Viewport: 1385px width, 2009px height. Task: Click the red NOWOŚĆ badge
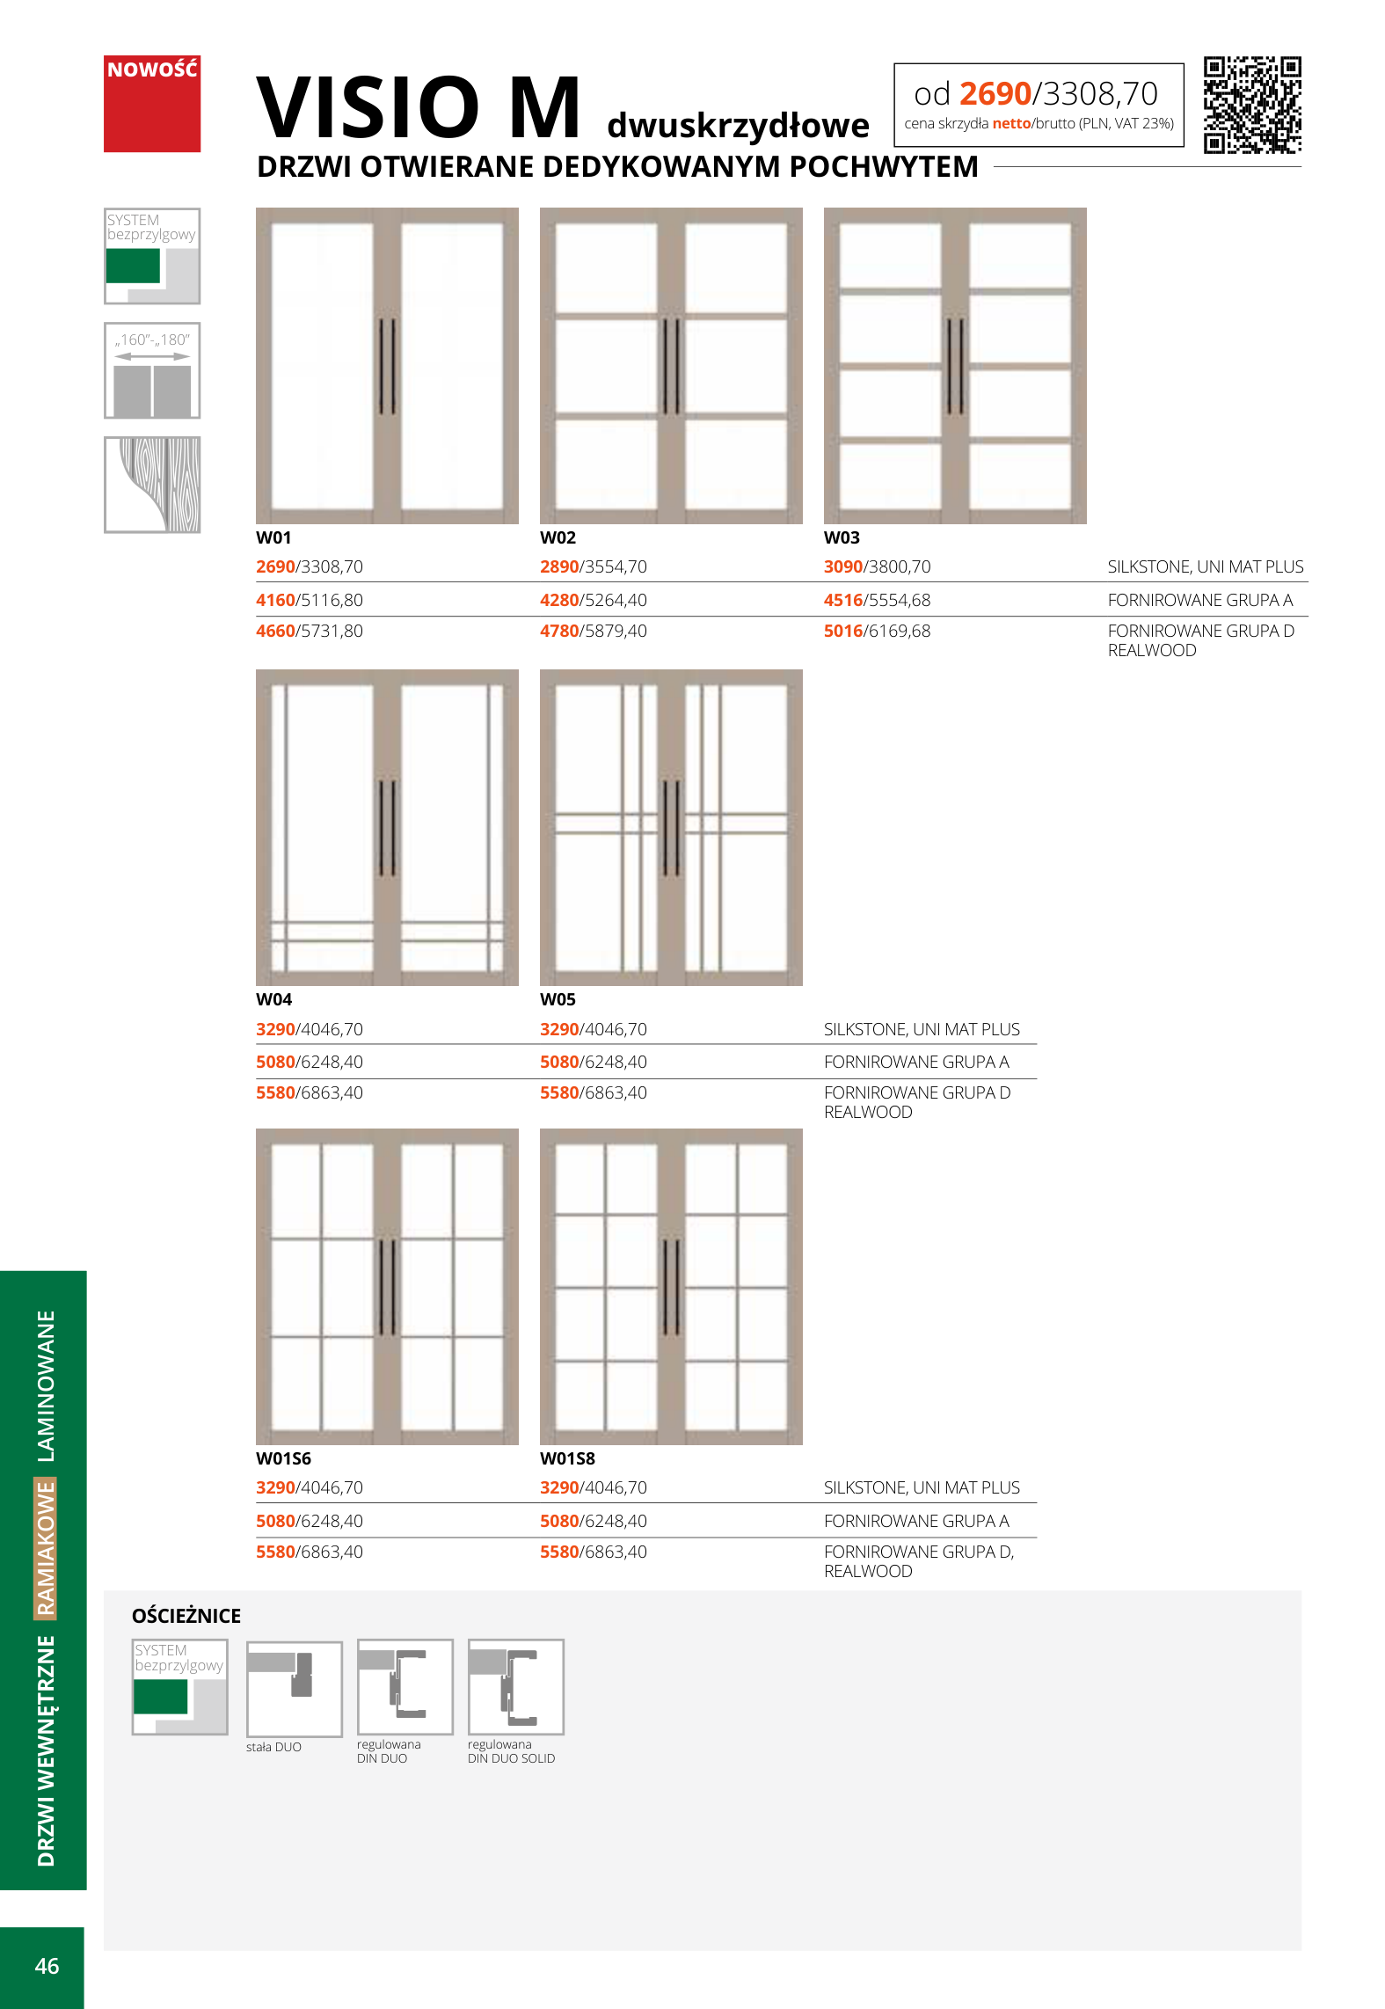pos(152,104)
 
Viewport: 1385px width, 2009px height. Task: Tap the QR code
pos(1251,105)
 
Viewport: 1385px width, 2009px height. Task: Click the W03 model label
pos(842,537)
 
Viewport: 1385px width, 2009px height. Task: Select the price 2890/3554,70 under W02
pos(593,567)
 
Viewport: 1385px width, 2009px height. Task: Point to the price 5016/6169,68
pos(877,632)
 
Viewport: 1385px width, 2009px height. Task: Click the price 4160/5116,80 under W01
pos(309,601)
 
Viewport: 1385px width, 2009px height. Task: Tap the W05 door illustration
pos(671,827)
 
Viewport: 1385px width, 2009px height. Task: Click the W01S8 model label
pos(567,1458)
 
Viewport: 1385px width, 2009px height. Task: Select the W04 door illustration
pos(387,827)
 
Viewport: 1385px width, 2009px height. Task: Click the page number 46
pos(47,1966)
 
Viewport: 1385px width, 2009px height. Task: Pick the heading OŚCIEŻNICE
pos(186,1616)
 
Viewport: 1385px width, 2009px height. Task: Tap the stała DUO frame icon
pos(294,1688)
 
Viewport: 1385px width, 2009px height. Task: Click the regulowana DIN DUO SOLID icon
pos(515,1686)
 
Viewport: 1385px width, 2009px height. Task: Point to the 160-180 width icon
pos(152,370)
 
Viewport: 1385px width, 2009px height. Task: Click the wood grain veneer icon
pos(152,485)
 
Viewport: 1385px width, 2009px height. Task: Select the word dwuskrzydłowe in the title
pos(738,126)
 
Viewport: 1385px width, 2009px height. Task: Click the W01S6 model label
pos(283,1458)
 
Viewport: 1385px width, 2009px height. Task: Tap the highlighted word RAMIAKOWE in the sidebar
pos(46,1548)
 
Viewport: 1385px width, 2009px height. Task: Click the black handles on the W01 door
pos(387,366)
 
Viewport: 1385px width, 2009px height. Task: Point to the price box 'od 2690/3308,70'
pos(1039,105)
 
